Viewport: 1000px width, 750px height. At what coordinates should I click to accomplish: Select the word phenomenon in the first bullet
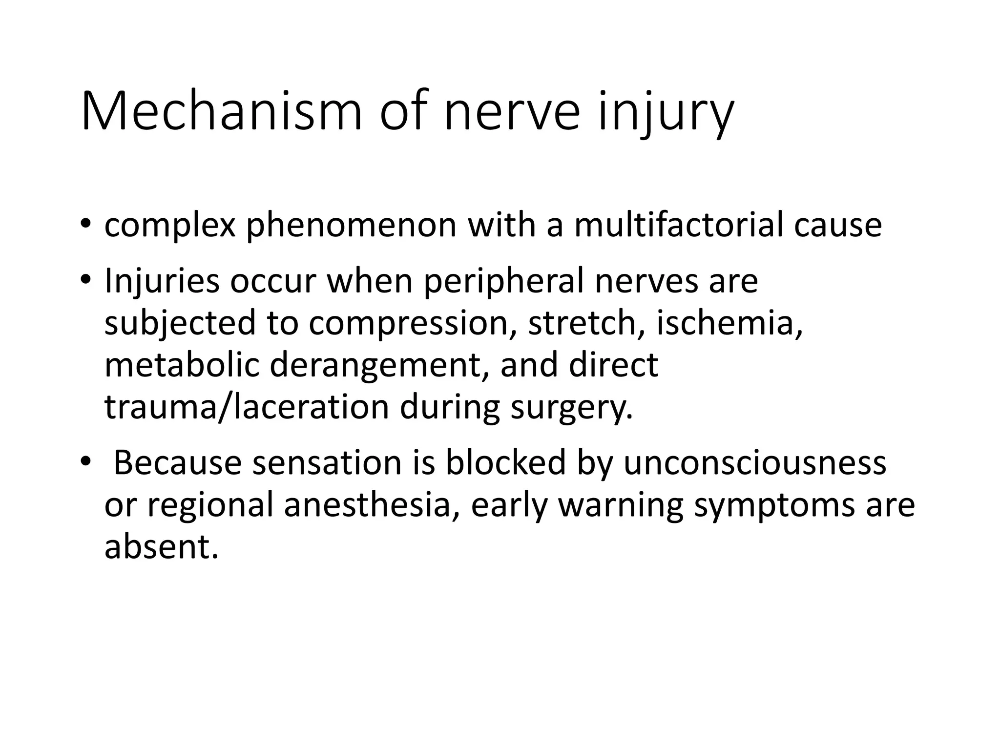pyautogui.click(x=351, y=226)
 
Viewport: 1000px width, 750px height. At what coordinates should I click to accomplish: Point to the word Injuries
pyautogui.click(x=162, y=282)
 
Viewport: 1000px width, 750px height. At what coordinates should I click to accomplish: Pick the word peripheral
pyautogui.click(x=503, y=282)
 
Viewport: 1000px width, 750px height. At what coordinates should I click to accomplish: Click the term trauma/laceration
pyautogui.click(x=246, y=407)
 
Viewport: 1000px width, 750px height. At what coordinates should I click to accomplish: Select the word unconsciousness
pyautogui.click(x=755, y=463)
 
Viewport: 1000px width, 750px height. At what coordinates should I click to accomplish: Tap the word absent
pyautogui.click(x=161, y=547)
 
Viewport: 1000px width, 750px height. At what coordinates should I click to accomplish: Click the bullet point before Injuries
pyautogui.click(x=86, y=280)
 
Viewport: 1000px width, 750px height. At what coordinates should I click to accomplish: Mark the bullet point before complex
pyautogui.click(x=86, y=224)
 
